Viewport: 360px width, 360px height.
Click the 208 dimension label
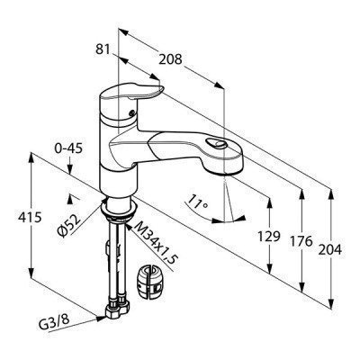(170, 59)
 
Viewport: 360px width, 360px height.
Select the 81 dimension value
(103, 49)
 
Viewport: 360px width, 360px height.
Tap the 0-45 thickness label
(68, 148)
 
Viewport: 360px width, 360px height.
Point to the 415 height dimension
(30, 218)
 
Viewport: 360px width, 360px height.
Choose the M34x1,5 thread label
(157, 243)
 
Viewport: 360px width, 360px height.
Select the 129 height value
(269, 237)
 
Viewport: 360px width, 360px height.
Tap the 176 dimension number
(301, 241)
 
